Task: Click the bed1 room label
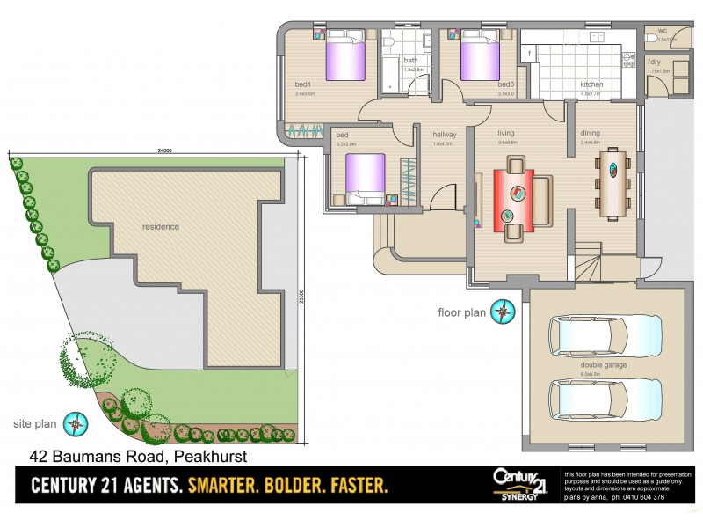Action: coord(304,84)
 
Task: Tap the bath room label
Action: coord(410,60)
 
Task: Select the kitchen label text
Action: coord(591,84)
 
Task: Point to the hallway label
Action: coord(443,135)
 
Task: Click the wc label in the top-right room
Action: coord(662,30)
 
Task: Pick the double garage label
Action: coord(603,364)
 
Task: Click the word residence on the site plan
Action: coord(161,226)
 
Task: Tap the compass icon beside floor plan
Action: coord(503,311)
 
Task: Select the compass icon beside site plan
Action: coord(78,424)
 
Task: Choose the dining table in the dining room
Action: coord(612,184)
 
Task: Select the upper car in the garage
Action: coord(603,334)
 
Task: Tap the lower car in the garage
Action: coord(603,400)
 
